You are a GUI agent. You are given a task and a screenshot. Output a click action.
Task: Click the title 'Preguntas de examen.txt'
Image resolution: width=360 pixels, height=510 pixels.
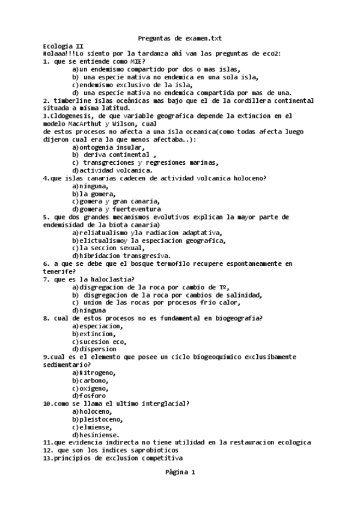pyautogui.click(x=180, y=38)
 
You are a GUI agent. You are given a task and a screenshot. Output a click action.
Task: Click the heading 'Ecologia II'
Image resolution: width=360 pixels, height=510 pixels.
pyautogui.click(x=64, y=46)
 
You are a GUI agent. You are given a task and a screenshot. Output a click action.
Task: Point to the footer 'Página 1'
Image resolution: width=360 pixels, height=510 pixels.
pyautogui.click(x=180, y=473)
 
